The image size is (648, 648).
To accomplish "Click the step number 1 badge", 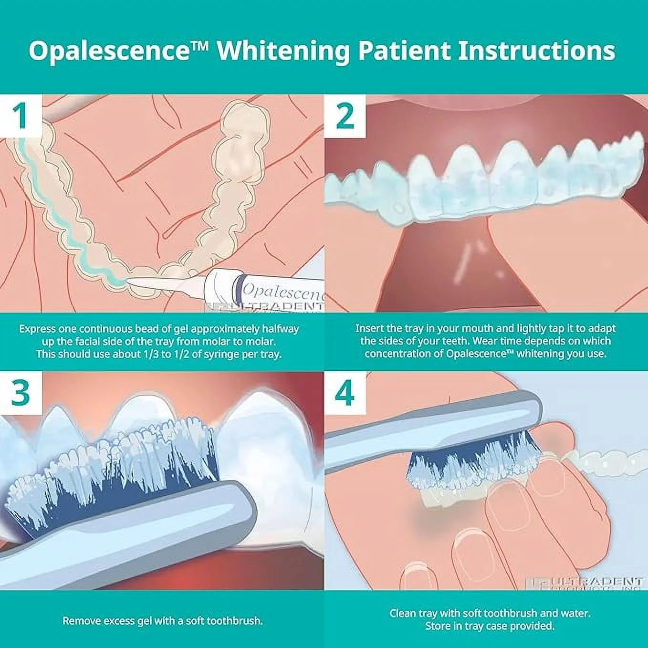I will [20, 116].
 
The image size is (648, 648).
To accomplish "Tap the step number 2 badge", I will [345, 116].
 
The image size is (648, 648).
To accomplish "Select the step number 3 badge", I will [20, 393].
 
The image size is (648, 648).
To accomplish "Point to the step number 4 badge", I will [345, 393].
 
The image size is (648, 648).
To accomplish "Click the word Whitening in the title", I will [283, 51].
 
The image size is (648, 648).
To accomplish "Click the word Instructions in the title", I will [536, 51].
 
